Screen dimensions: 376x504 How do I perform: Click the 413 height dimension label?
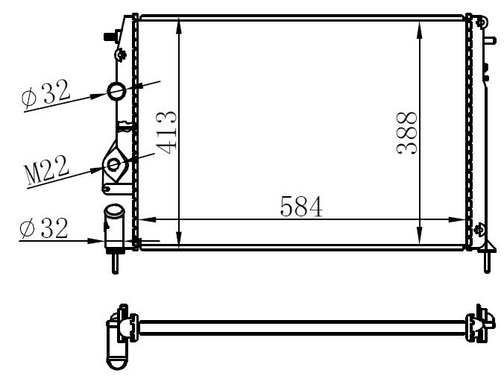pyautogui.click(x=168, y=132)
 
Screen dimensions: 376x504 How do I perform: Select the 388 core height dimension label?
pyautogui.click(x=407, y=132)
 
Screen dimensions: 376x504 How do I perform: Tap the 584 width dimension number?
pyautogui.click(x=301, y=206)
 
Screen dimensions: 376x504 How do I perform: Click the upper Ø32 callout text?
pyautogui.click(x=46, y=95)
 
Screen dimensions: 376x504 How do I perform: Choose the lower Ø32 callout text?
pyautogui.click(x=45, y=228)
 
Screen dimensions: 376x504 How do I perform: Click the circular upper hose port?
pyautogui.click(x=119, y=91)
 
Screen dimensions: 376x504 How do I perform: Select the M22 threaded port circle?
pyautogui.click(x=115, y=165)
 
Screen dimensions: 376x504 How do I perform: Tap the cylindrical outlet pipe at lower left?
pyautogui.click(x=115, y=224)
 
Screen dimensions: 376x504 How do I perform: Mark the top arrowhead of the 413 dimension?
pyautogui.click(x=180, y=26)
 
